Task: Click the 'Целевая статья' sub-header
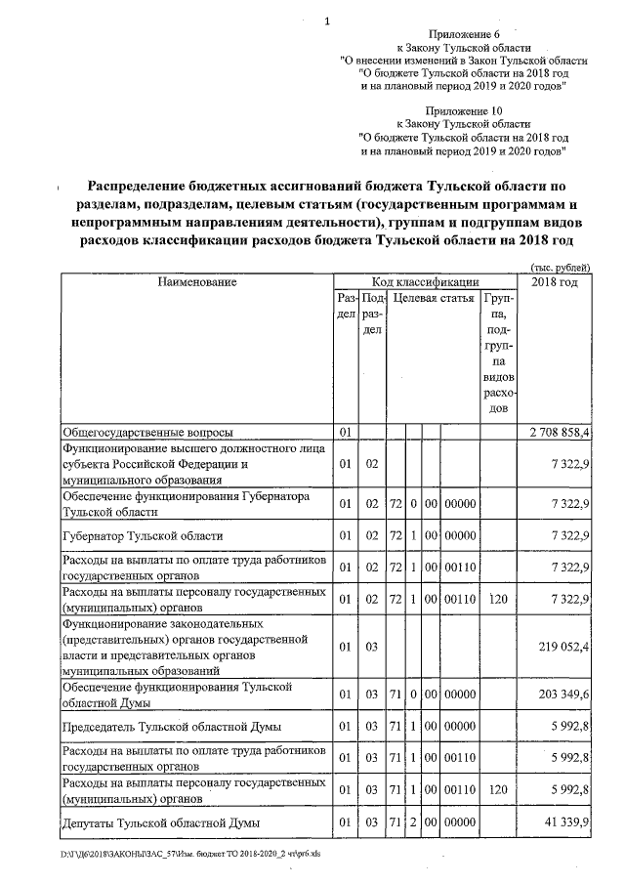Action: [x=433, y=297]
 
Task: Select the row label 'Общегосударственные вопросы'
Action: [x=147, y=431]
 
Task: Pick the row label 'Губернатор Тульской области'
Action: [x=143, y=535]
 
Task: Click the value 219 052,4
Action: [x=563, y=645]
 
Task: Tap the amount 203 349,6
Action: [x=563, y=694]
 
